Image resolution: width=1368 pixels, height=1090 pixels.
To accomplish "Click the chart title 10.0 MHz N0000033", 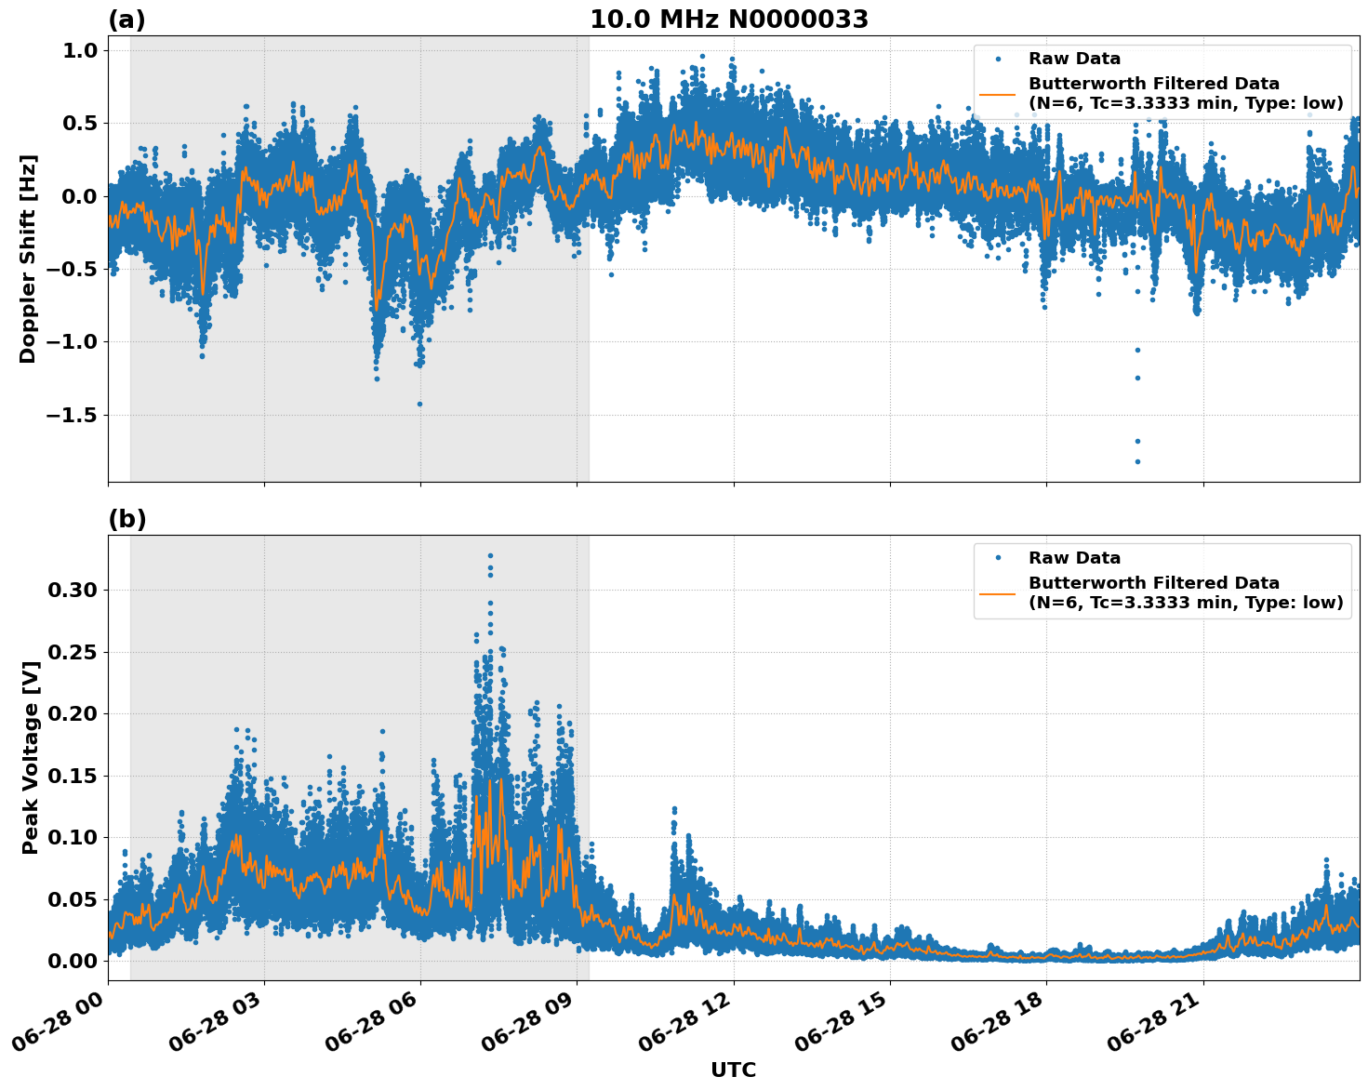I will click(729, 20).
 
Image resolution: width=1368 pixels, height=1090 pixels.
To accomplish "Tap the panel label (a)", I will click(126, 20).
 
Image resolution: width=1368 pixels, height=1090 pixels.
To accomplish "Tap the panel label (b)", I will click(126, 519).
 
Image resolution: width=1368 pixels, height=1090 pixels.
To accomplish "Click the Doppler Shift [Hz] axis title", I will click(28, 259).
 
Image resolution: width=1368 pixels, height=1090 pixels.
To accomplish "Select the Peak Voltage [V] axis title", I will click(31, 778).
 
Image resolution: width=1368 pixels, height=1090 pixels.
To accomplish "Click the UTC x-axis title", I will click(733, 1070).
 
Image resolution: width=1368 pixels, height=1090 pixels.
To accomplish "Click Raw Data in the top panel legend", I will click(1074, 59).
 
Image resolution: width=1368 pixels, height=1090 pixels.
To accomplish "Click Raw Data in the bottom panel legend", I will click(1074, 558).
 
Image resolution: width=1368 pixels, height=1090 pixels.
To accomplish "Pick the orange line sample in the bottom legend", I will click(998, 592).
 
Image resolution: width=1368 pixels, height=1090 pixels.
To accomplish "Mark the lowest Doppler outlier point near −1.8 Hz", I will click(1137, 461).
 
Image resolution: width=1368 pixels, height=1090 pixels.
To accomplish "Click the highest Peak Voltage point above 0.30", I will click(490, 556).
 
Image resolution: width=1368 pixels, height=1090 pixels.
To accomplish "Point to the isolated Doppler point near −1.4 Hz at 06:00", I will click(419, 404).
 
